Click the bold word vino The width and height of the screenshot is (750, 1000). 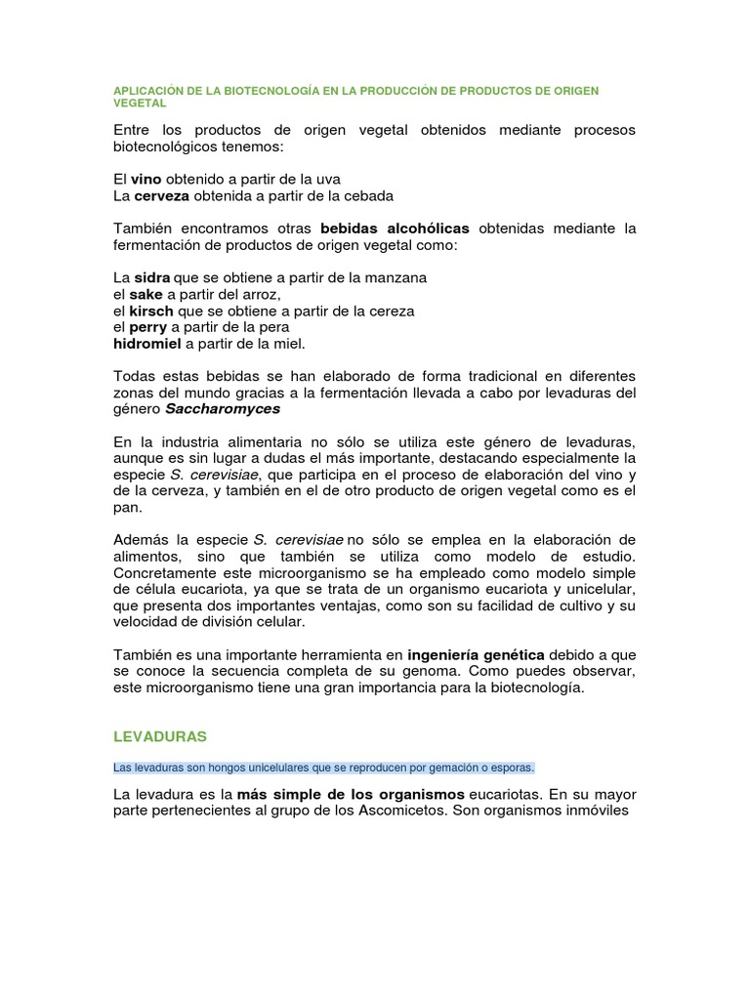[x=146, y=180]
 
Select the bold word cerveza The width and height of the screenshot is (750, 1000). [x=161, y=195]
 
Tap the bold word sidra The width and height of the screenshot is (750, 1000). [x=151, y=277]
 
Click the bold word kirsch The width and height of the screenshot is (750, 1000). [x=150, y=311]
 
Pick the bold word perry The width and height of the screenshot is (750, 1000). [x=148, y=327]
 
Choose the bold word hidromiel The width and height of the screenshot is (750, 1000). [x=147, y=344]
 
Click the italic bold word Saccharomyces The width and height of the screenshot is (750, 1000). [x=220, y=408]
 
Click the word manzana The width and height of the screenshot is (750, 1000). [x=394, y=277]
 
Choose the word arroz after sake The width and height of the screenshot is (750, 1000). [x=261, y=294]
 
